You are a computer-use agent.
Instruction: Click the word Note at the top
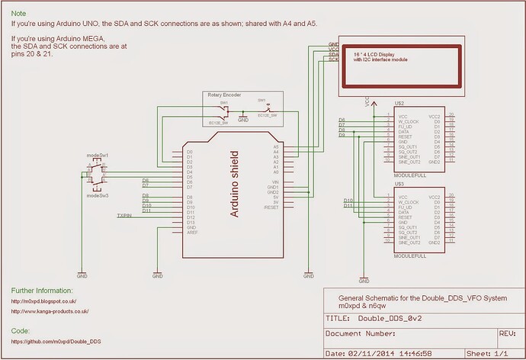point(19,13)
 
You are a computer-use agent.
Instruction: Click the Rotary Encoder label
point(224,95)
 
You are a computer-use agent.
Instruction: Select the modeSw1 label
point(98,155)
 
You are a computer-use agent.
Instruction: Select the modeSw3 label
point(98,196)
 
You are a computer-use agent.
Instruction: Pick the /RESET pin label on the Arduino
point(271,207)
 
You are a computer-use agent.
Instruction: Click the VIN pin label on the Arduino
point(274,182)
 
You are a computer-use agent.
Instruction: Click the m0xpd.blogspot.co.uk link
point(49,301)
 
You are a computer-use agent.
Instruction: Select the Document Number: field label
point(362,334)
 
